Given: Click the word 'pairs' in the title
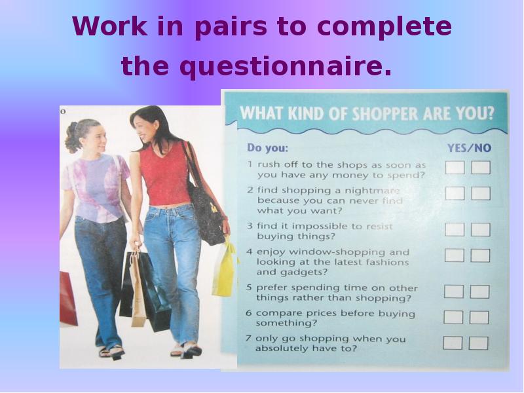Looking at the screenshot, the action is coord(231,28).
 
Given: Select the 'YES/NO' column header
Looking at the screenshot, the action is coord(469,148).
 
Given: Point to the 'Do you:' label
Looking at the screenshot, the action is coord(267,148).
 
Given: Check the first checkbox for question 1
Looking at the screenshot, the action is coord(455,168).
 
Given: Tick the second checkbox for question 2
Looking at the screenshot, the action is coord(481,193).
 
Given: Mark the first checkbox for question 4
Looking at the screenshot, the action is coord(454,255).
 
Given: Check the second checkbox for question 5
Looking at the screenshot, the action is coord(479,291).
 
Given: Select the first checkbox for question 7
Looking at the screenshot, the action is coord(453,343).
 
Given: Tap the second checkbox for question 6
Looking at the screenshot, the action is coord(479,317).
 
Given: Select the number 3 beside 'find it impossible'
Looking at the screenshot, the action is coord(250,226).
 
